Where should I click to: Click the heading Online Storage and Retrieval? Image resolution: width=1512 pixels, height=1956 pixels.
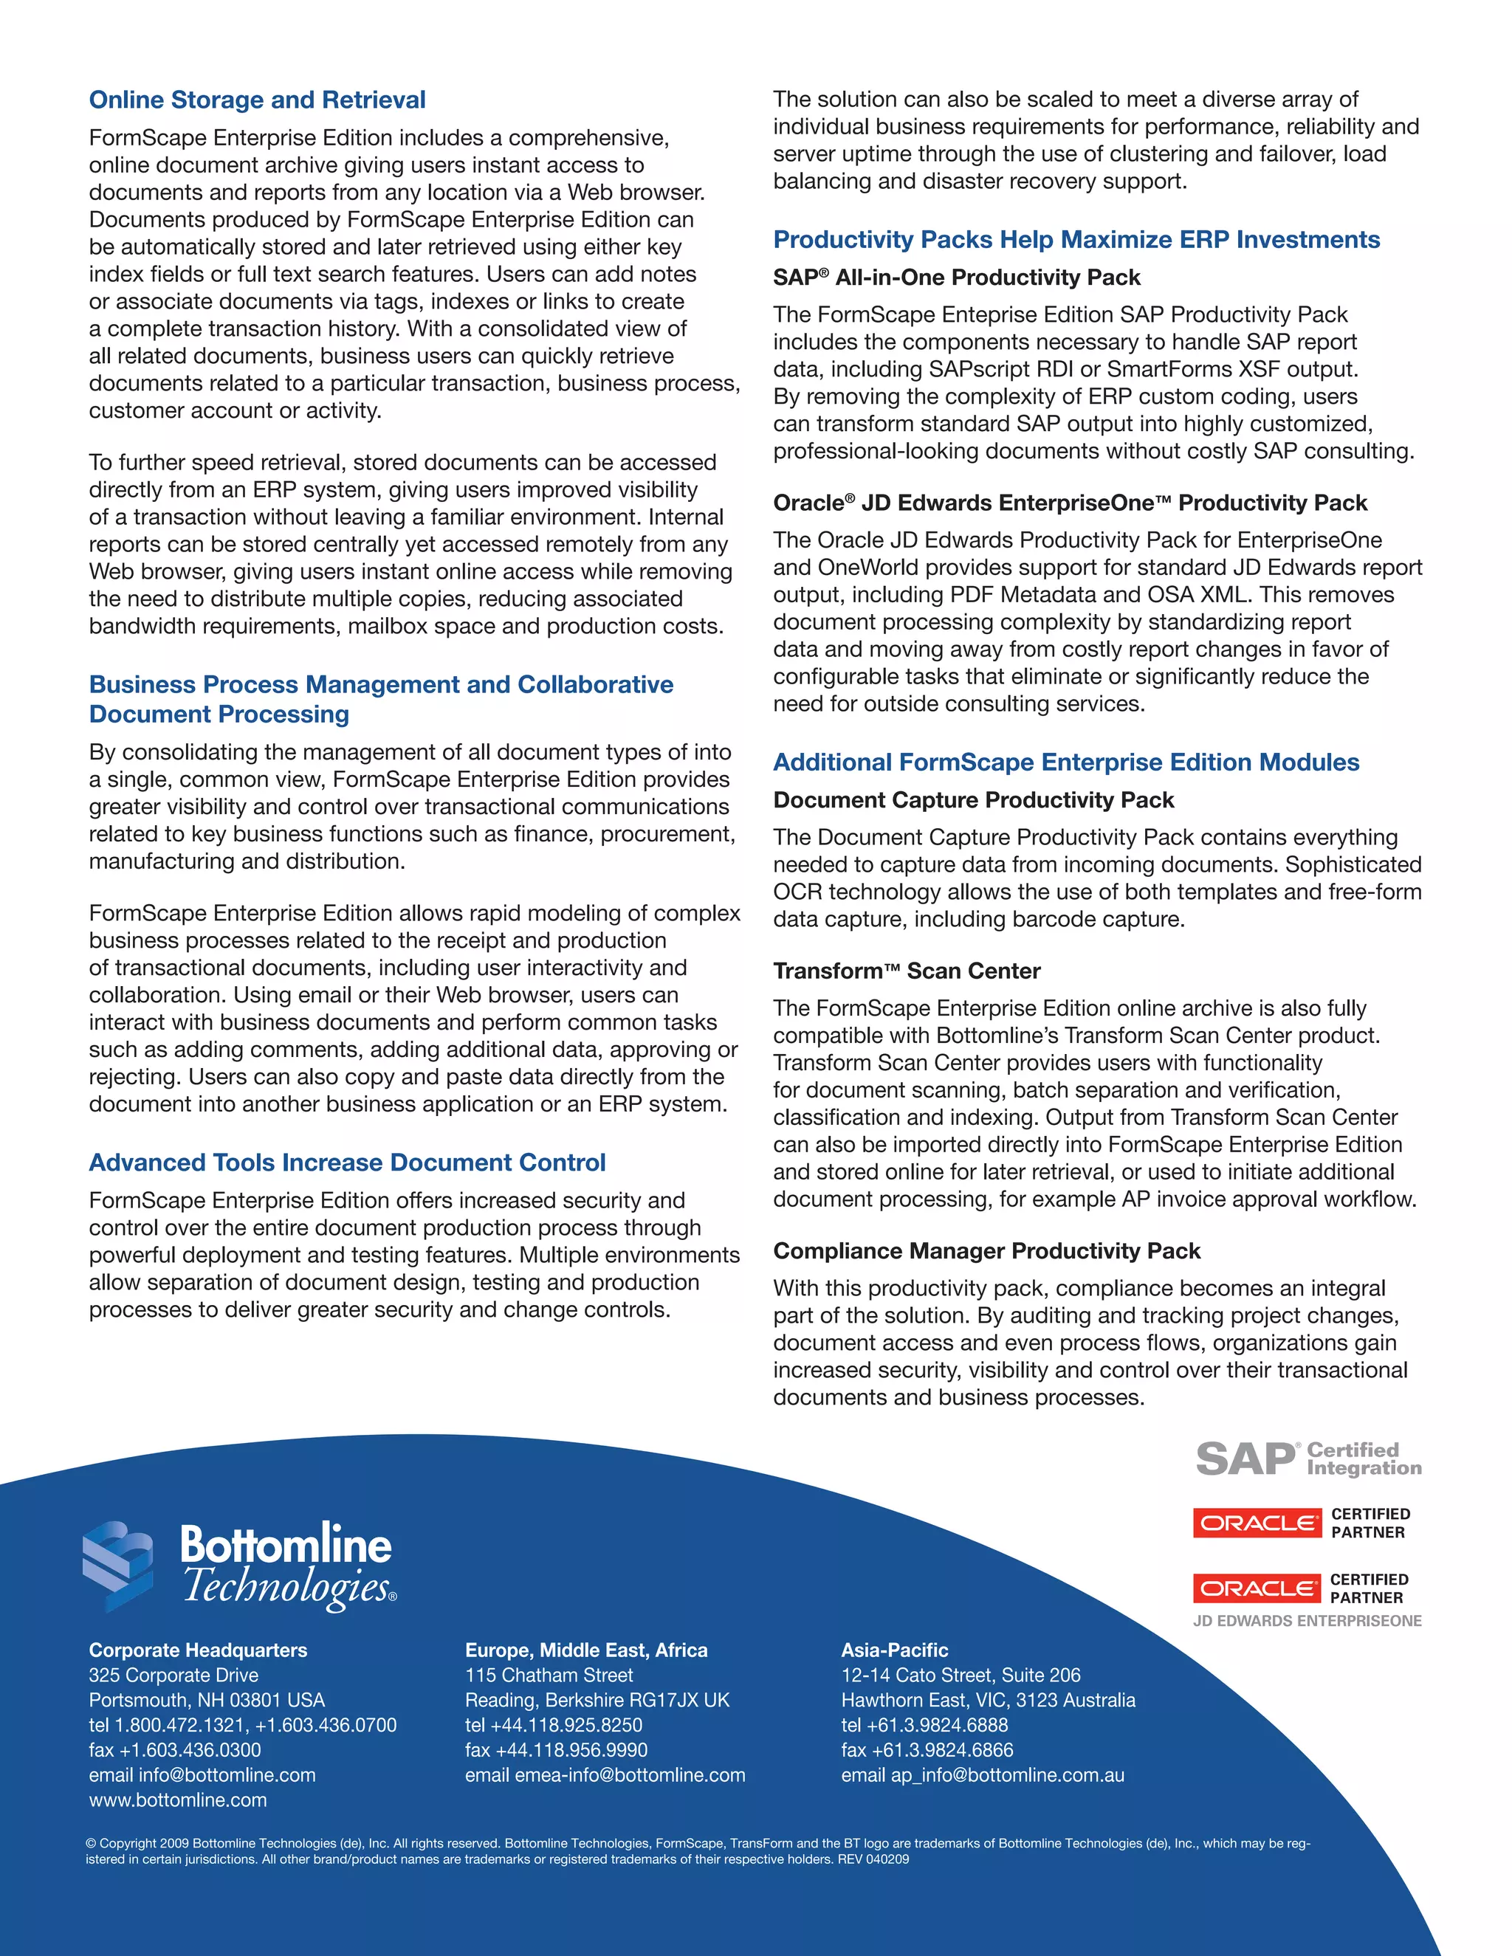click(257, 100)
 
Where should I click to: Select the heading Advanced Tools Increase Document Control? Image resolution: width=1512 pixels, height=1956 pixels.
click(347, 1163)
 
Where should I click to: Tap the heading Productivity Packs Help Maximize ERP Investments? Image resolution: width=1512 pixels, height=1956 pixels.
click(1076, 239)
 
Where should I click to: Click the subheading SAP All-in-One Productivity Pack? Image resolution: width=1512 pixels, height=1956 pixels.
click(956, 278)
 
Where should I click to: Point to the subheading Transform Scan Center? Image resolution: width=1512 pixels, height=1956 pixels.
click(907, 971)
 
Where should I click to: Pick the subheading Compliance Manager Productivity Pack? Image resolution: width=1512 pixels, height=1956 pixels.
click(986, 1251)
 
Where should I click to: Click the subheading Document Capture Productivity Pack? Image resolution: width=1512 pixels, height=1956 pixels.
click(973, 800)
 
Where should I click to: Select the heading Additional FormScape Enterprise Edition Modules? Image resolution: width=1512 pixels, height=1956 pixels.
click(1066, 762)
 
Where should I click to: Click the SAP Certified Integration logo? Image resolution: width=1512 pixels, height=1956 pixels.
click(1307, 1459)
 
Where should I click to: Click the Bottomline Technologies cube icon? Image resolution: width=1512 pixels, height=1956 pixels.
click(117, 1566)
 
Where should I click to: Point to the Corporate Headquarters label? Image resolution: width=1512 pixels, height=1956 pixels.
click(197, 1650)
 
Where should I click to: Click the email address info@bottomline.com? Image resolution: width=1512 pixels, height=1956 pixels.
click(227, 1775)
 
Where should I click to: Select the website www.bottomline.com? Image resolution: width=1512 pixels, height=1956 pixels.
click(177, 1800)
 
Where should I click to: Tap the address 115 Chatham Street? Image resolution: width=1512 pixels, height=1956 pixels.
click(549, 1675)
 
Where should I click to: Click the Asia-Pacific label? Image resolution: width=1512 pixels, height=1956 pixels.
click(894, 1650)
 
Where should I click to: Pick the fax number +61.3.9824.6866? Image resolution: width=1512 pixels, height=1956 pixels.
click(941, 1750)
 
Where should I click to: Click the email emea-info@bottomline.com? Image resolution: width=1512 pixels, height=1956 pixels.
click(630, 1775)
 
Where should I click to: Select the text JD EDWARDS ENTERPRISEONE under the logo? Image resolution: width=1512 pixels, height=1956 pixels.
click(1307, 1620)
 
